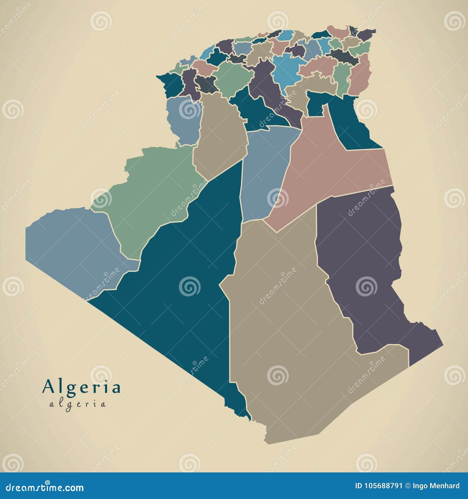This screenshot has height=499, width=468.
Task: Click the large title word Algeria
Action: [81, 387]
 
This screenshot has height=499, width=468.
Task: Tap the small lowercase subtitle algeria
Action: [78, 404]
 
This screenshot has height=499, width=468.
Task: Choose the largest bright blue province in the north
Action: [287, 71]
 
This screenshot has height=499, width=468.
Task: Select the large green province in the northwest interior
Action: [233, 78]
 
